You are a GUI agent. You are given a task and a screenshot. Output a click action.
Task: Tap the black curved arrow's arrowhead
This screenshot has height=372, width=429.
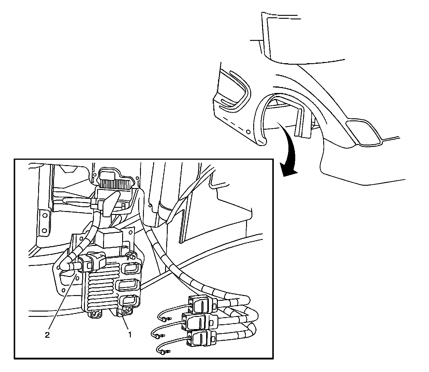(288, 169)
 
